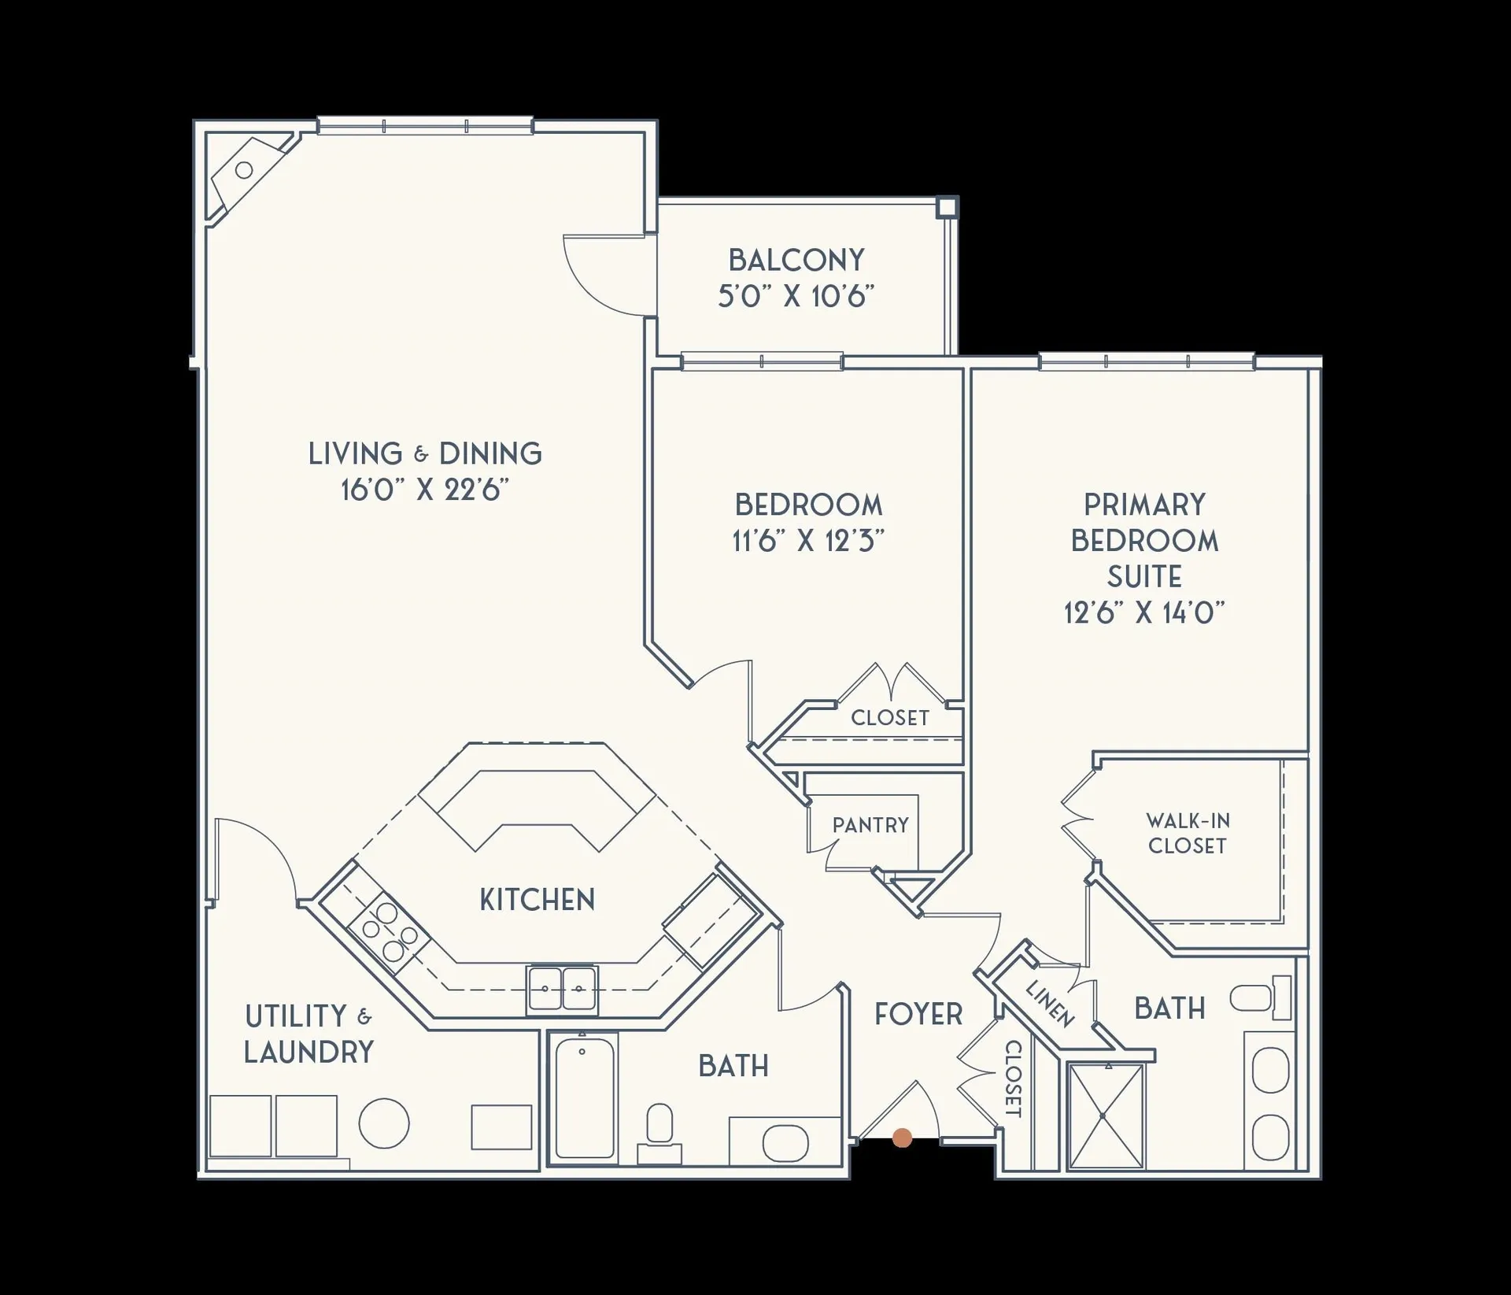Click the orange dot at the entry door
(903, 1137)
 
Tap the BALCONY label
(796, 260)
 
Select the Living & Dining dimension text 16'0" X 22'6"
(425, 490)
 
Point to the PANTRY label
(870, 825)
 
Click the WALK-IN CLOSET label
(1188, 833)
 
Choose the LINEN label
(1051, 1004)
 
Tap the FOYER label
(918, 1014)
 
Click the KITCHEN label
(538, 899)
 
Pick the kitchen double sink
(562, 988)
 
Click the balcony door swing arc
(606, 276)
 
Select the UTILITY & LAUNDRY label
(308, 1034)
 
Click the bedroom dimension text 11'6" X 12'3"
(808, 541)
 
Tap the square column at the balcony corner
(948, 207)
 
